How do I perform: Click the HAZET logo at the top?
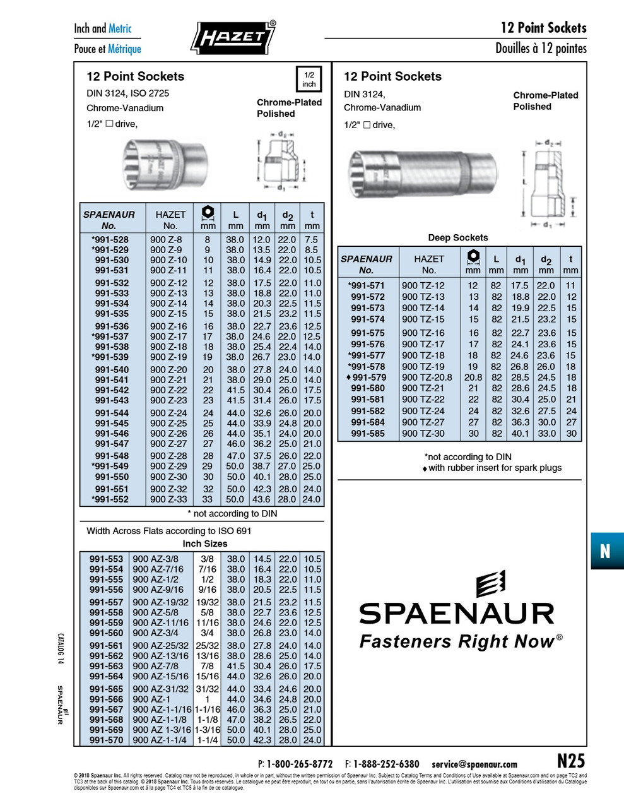pos(233,37)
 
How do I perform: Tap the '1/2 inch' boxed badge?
pos(309,80)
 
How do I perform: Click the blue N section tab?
pos(606,551)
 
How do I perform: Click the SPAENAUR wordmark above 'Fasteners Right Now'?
pos(456,613)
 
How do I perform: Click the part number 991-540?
pos(112,370)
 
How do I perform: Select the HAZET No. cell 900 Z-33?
pos(168,499)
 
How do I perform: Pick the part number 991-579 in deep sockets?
pos(369,377)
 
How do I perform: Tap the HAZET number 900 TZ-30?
pos(423,434)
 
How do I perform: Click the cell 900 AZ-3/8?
pos(155,559)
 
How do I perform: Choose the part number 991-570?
pos(106,740)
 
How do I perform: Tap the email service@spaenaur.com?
pos(474,764)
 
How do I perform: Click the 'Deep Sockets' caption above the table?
pos(457,238)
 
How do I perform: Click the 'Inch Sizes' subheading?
pos(204,544)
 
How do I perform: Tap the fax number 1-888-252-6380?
pos(386,764)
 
